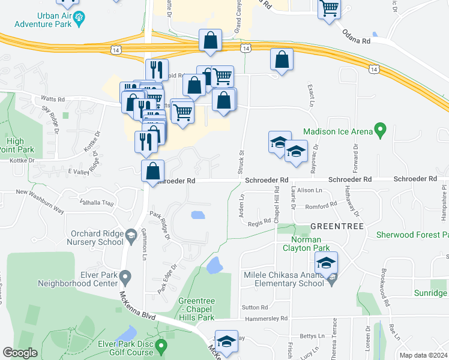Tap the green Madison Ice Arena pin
[x=379, y=129]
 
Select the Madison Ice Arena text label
[x=337, y=131]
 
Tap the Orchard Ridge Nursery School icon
[x=130, y=235]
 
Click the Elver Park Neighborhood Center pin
[x=125, y=277]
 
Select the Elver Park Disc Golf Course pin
[x=161, y=346]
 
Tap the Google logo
[x=20, y=353]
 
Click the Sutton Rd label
[x=250, y=307]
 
